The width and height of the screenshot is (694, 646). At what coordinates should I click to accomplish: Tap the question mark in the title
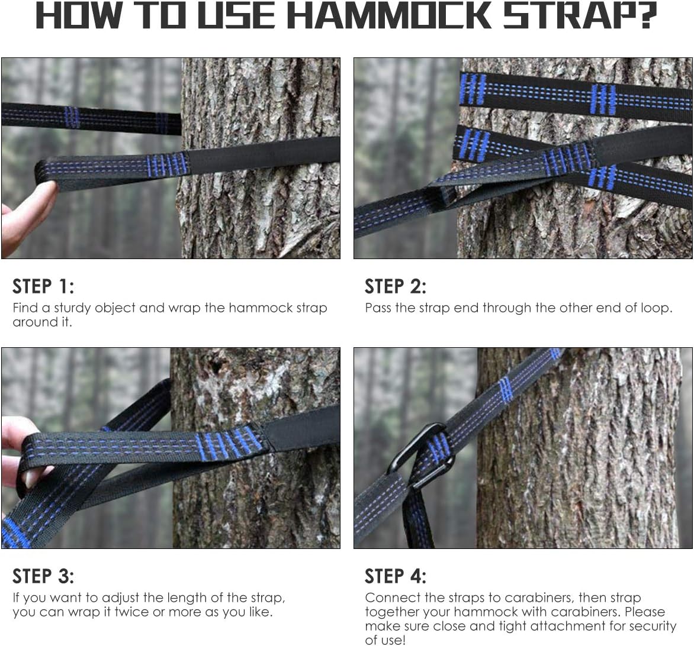[x=644, y=16]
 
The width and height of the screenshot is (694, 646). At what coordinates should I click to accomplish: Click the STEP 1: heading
[x=43, y=286]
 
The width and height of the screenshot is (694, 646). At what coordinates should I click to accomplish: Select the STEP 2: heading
[x=395, y=286]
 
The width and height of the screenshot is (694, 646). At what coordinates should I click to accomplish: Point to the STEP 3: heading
[x=43, y=576]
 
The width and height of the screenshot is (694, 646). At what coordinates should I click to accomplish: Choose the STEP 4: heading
[x=395, y=576]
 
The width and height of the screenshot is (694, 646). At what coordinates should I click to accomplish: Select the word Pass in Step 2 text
[x=378, y=308]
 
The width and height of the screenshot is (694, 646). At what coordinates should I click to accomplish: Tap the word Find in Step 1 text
[x=24, y=308]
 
